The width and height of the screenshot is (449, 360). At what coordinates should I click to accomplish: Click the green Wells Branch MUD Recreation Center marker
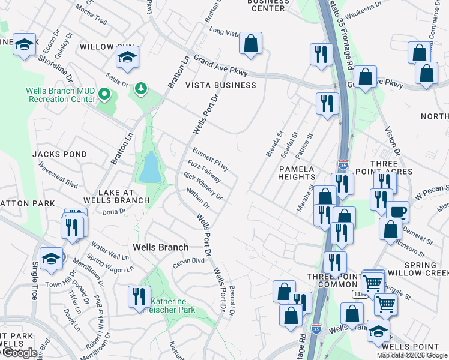(104, 94)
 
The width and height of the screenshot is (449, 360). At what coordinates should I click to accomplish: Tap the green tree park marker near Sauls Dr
(141, 89)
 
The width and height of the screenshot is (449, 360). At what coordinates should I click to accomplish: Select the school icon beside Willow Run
(128, 57)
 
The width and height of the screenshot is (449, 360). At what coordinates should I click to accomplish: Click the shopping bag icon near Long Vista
(250, 43)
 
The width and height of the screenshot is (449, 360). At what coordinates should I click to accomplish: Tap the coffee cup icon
(397, 212)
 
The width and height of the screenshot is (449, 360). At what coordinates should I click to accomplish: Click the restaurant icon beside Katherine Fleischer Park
(138, 296)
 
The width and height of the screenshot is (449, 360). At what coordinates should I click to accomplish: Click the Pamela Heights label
(297, 173)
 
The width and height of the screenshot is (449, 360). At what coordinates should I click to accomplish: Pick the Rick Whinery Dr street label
(203, 186)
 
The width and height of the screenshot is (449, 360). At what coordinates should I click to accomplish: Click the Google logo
(19, 353)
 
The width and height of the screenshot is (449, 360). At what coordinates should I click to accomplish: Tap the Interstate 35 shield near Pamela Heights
(343, 163)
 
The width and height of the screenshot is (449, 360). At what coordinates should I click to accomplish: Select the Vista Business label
(220, 85)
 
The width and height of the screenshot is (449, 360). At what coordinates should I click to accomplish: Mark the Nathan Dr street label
(197, 198)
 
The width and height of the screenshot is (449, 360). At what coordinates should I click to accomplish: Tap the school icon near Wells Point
(378, 330)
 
